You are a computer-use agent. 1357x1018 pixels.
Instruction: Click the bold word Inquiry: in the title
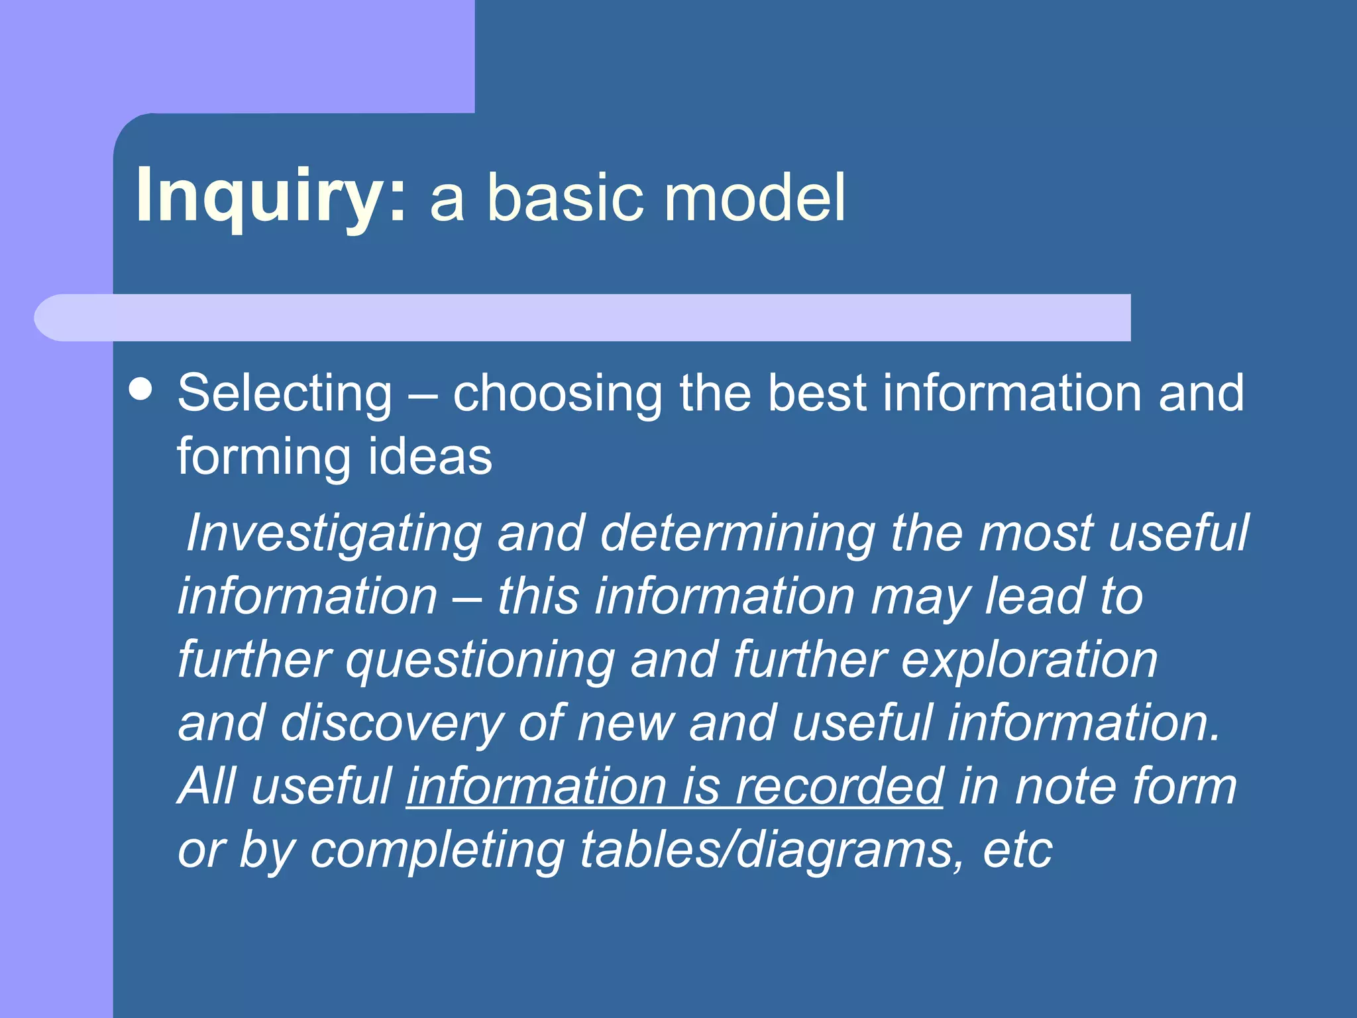coord(270,196)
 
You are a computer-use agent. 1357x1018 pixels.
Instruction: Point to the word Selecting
coord(285,394)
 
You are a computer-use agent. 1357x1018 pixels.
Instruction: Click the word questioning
coord(480,660)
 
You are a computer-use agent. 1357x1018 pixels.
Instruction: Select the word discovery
coord(392,723)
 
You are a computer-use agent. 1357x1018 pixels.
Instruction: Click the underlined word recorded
coord(839,786)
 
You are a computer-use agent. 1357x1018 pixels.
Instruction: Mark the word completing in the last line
coord(437,850)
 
